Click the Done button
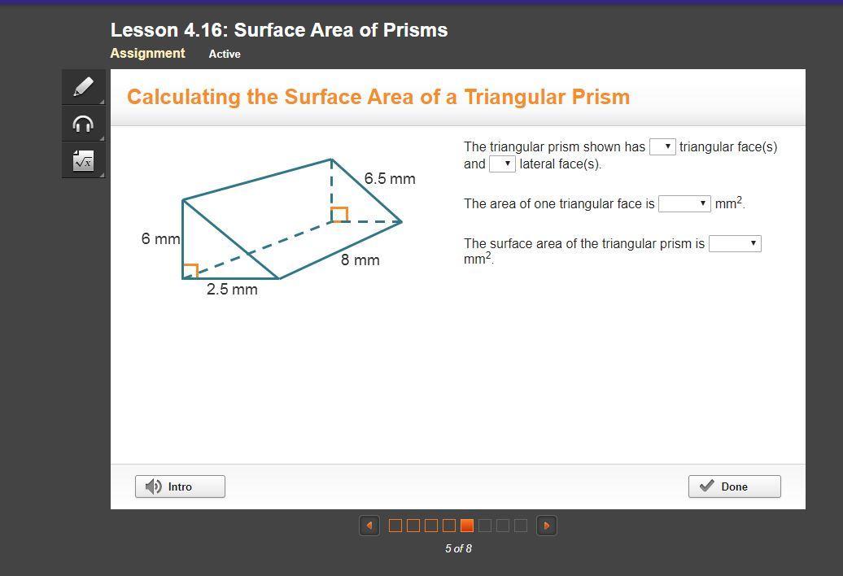[x=735, y=487]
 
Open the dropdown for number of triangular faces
[x=662, y=146]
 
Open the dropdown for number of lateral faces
[x=502, y=164]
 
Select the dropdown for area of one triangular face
[x=684, y=203]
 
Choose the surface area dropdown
[x=735, y=243]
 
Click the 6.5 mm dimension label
[x=390, y=178]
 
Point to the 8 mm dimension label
[x=360, y=260]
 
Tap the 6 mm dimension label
[x=161, y=238]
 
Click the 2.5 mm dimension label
[x=232, y=289]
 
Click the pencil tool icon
[x=83, y=86]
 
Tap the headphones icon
[x=83, y=124]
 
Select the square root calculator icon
[x=83, y=160]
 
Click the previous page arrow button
[x=369, y=526]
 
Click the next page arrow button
[x=547, y=526]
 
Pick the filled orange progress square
[x=467, y=526]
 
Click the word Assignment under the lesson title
[x=147, y=53]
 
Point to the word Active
[x=225, y=54]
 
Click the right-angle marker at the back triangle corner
[x=339, y=215]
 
